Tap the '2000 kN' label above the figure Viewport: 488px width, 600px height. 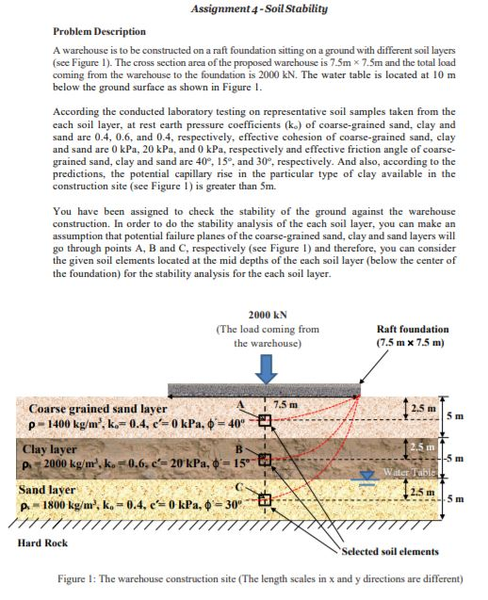coord(268,316)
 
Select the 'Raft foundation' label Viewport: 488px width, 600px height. coord(411,330)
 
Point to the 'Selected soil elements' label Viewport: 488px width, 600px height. coord(387,550)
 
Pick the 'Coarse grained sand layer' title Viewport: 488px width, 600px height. coord(98,409)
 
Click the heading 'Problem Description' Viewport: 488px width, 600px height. coord(99,31)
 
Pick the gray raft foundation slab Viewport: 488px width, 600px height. coord(283,389)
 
